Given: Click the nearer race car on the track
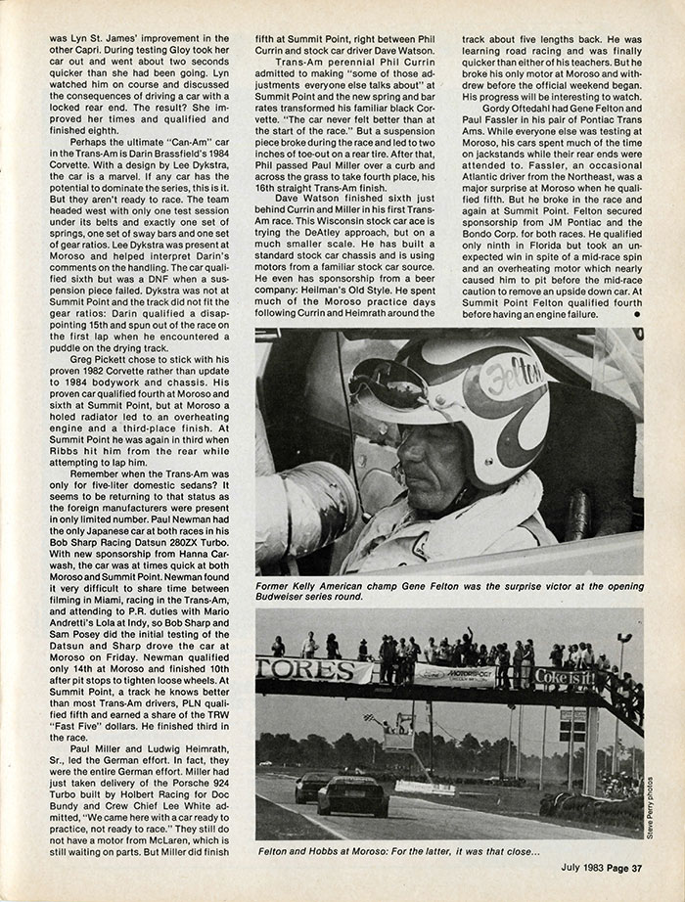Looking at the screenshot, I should click(352, 795).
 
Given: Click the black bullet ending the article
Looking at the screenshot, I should click(638, 315).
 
